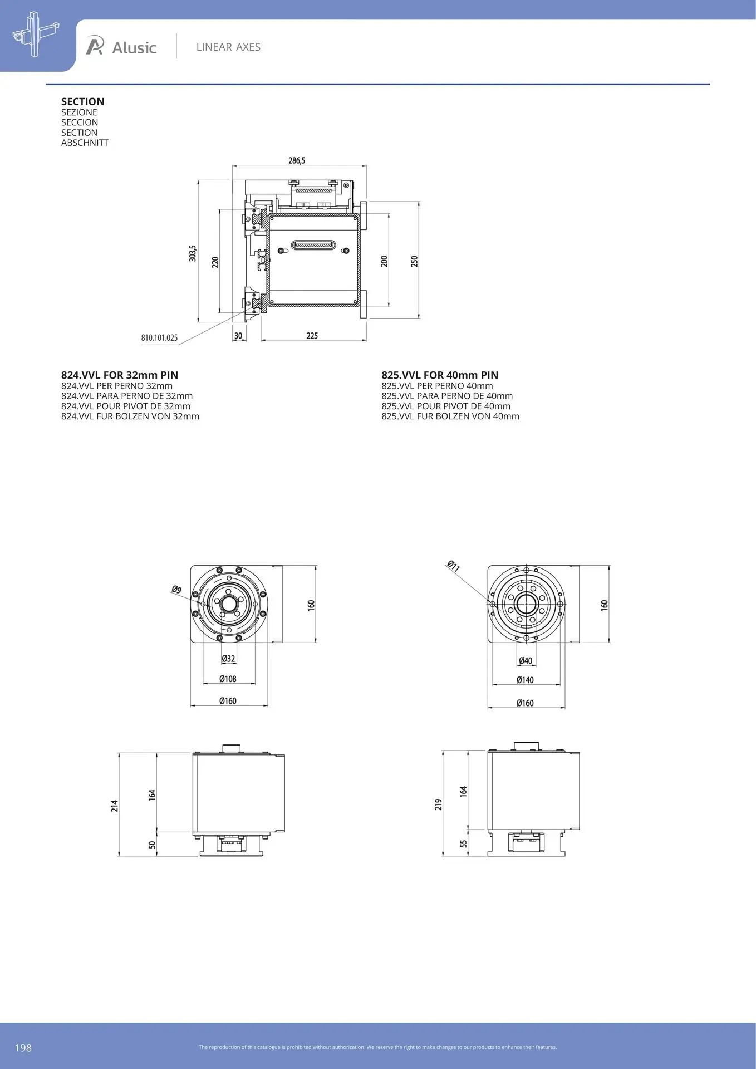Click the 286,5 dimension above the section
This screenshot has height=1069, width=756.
(x=297, y=160)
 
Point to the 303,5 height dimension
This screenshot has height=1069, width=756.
(x=193, y=253)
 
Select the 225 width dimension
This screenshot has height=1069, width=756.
(x=312, y=335)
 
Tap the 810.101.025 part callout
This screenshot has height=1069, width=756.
(x=159, y=337)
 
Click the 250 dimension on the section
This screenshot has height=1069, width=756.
(x=414, y=261)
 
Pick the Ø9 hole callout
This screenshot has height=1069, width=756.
(x=176, y=589)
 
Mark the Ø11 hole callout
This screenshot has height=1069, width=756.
(x=453, y=566)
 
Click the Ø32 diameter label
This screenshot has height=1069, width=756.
(x=228, y=659)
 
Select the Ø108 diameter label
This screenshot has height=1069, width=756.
(x=228, y=679)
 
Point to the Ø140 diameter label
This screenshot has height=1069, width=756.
(x=525, y=680)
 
